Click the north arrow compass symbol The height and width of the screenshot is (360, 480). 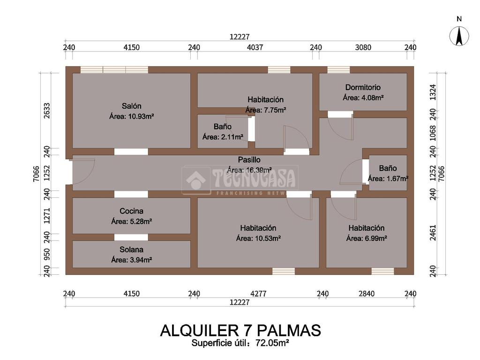(x=459, y=36)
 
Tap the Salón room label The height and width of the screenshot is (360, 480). (x=132, y=106)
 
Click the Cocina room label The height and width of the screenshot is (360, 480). (x=132, y=211)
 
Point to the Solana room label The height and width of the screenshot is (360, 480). (x=132, y=249)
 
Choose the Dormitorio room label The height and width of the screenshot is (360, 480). (x=363, y=87)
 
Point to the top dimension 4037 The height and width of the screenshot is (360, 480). (x=255, y=47)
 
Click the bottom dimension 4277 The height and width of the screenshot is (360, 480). (x=258, y=293)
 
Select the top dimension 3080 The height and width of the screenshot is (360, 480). (x=363, y=47)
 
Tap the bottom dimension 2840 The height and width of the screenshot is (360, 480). (x=367, y=293)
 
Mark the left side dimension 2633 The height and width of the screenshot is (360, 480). (x=46, y=111)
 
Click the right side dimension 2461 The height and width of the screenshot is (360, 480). (x=433, y=232)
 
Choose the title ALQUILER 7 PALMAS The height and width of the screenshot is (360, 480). (x=240, y=330)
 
